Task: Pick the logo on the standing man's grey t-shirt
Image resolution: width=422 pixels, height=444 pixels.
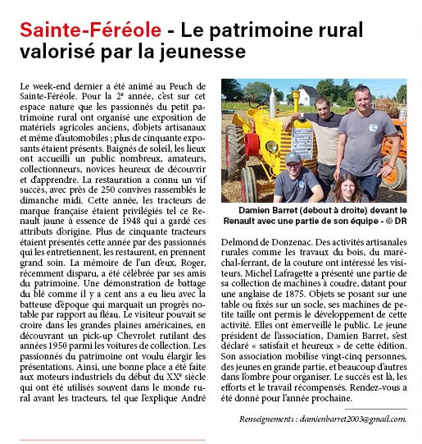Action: pos(373,127)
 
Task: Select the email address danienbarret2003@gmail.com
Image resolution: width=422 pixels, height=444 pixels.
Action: pos(354,419)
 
